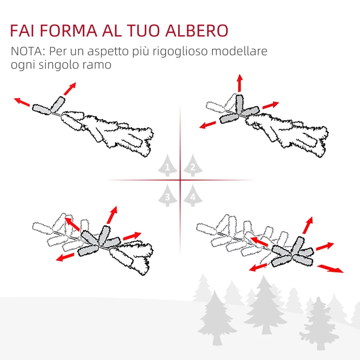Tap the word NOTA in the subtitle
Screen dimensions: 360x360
click(x=27, y=51)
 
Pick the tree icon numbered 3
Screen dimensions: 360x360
click(x=167, y=195)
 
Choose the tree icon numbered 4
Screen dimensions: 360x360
click(x=193, y=195)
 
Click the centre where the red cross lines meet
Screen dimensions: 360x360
click(x=180, y=180)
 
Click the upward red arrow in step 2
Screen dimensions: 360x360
click(x=239, y=84)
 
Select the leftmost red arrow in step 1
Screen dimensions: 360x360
click(x=22, y=102)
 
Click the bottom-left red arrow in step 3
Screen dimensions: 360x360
click(x=66, y=257)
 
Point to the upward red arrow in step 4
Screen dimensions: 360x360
click(x=308, y=225)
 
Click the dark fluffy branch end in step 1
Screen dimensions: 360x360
click(x=130, y=135)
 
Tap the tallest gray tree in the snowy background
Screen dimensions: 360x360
click(x=265, y=306)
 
